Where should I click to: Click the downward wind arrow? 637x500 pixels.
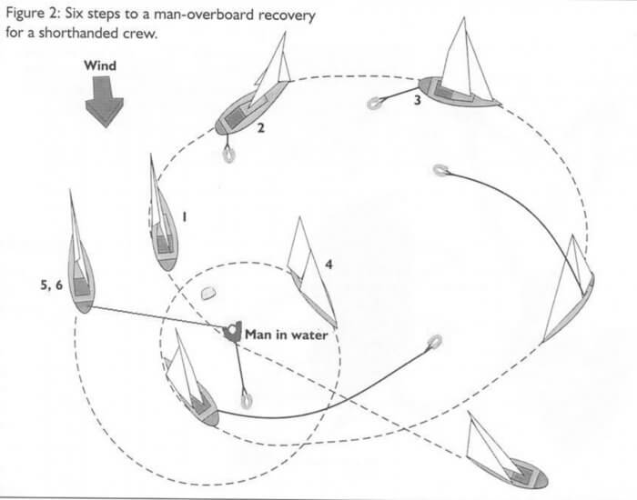click(100, 102)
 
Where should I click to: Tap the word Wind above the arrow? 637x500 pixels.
click(100, 65)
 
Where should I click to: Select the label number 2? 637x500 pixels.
click(260, 128)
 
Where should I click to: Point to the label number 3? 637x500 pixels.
click(417, 101)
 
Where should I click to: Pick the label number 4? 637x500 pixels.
click(329, 265)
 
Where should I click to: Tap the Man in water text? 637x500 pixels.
click(286, 334)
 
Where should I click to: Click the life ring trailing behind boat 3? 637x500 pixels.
click(373, 105)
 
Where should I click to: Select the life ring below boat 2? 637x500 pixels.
click(227, 155)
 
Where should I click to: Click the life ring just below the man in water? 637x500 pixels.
click(245, 399)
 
